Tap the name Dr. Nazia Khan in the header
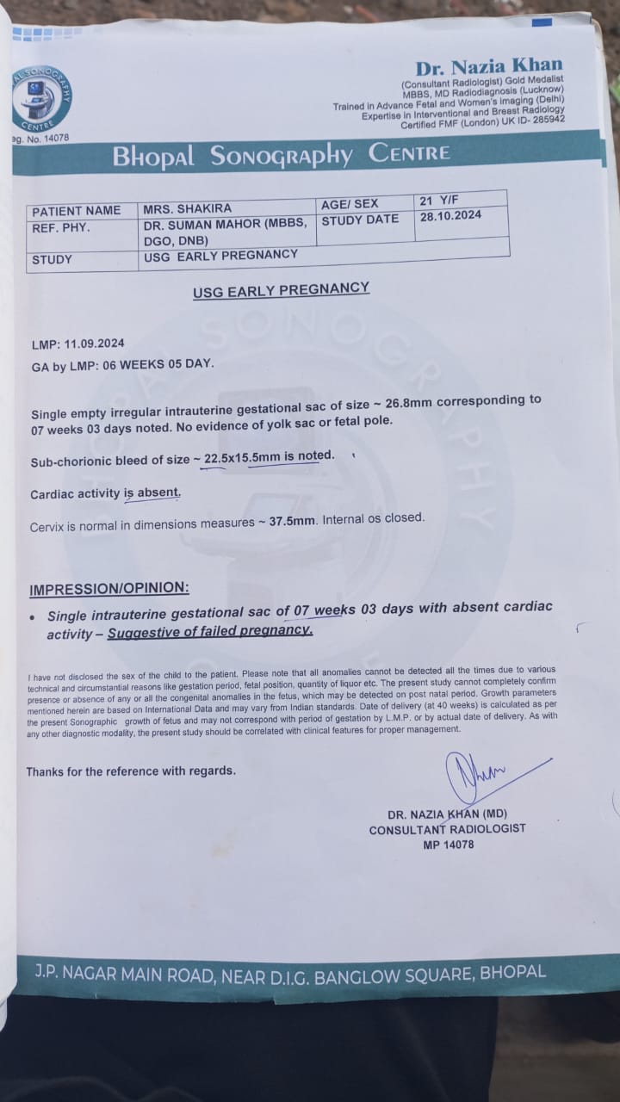(x=489, y=66)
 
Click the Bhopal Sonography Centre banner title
(x=282, y=155)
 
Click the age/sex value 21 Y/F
(x=438, y=201)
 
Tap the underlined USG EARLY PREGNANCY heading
(x=281, y=290)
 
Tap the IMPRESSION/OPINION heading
(x=108, y=590)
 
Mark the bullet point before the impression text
(x=33, y=617)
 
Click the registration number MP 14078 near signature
(x=447, y=845)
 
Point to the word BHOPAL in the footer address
(x=512, y=973)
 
